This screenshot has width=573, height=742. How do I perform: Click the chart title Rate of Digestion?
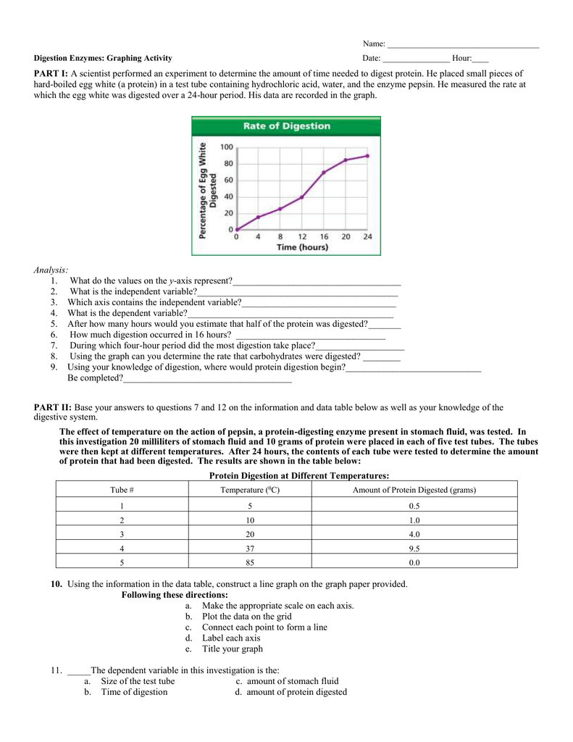pos(286,126)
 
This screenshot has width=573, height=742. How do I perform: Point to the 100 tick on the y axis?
pos(227,147)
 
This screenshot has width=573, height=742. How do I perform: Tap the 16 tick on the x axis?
pos(324,237)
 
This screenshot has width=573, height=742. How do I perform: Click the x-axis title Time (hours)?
pos(302,247)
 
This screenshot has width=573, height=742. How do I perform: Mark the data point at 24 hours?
pos(367,156)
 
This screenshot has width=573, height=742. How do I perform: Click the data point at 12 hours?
pos(302,196)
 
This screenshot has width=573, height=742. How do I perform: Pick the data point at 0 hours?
pos(237,230)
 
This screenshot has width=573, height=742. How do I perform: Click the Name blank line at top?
pos(464,45)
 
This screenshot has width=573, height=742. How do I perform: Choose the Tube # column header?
pos(122,490)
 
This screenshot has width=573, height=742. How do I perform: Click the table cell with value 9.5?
pos(414,548)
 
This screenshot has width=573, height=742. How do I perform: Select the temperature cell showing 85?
pos(249,562)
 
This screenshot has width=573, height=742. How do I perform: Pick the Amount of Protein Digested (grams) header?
pos(414,490)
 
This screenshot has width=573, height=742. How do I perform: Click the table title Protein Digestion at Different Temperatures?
pos(299,475)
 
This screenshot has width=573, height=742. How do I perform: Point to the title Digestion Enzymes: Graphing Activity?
pos(104,58)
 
